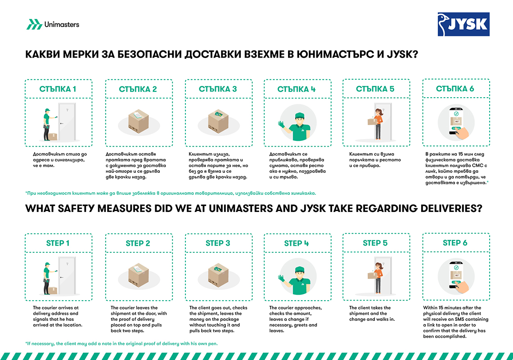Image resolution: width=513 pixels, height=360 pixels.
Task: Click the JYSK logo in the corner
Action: click(463, 24)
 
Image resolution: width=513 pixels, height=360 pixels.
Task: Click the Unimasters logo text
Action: click(62, 24)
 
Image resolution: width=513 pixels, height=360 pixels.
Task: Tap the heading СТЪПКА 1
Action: click(58, 89)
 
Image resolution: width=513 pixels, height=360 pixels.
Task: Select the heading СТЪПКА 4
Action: click(297, 89)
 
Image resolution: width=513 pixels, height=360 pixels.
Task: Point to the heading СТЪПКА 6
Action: click(455, 89)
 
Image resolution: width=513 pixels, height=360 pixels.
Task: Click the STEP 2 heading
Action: click(138, 243)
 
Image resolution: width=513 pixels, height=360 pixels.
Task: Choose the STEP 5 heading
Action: click(375, 243)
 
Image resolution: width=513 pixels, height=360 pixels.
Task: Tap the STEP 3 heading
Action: click(218, 243)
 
